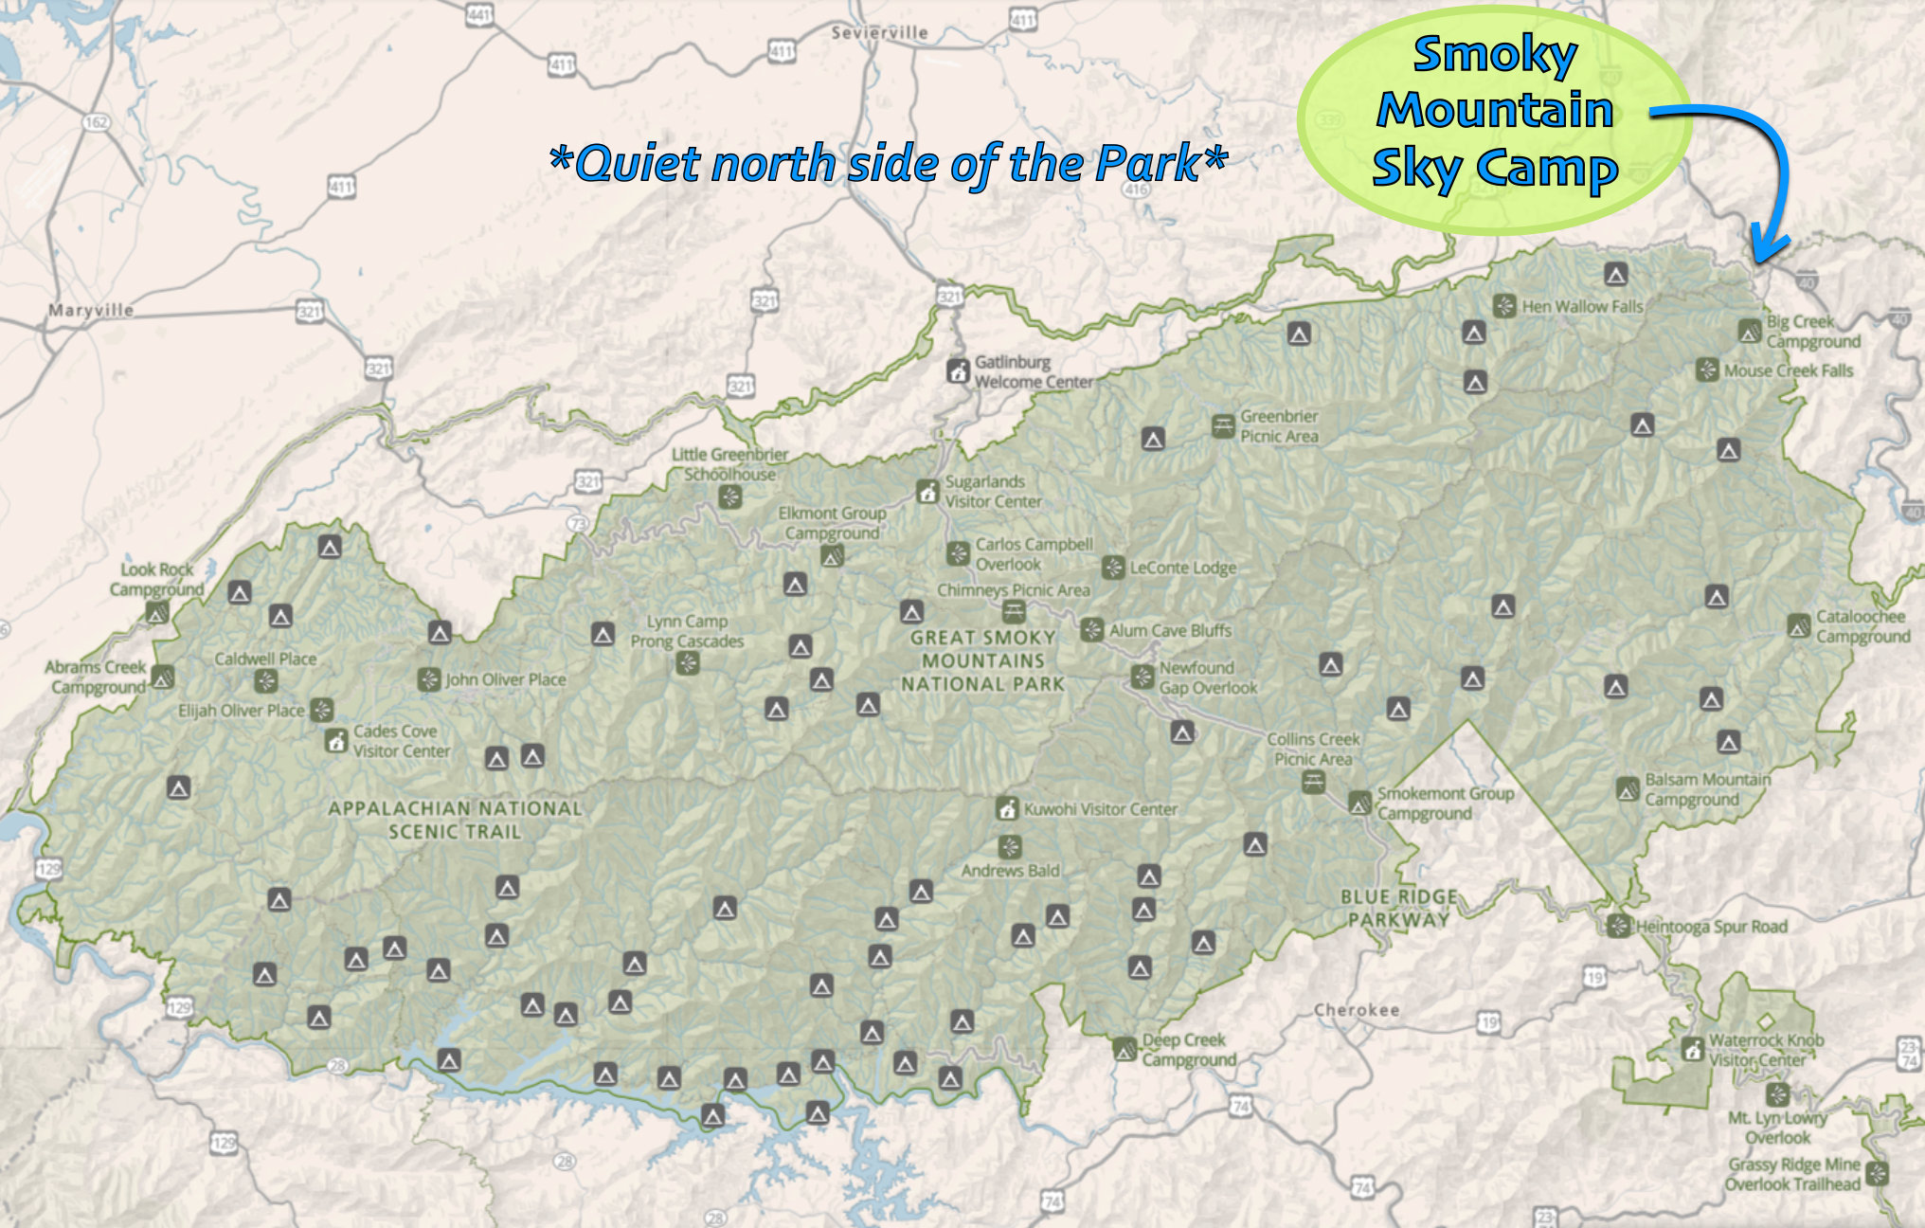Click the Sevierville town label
pos(879,33)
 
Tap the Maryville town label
pos(91,311)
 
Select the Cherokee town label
pos(1357,1010)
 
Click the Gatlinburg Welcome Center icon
pos(958,370)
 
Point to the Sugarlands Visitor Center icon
pos(927,492)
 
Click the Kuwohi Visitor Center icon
pos(1007,809)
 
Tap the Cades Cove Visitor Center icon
pos(336,741)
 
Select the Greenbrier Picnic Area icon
pos(1223,425)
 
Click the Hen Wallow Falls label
pos(1582,307)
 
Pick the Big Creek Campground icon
pos(1750,332)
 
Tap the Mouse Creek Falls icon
pos(1707,370)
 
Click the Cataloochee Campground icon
pos(1799,626)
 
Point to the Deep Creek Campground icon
pos(1124,1050)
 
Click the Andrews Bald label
pos(1010,871)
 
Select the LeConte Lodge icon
pos(1113,568)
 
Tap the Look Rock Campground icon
pos(157,612)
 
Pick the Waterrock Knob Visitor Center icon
pos(1692,1050)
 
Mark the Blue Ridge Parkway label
pos(1398,908)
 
